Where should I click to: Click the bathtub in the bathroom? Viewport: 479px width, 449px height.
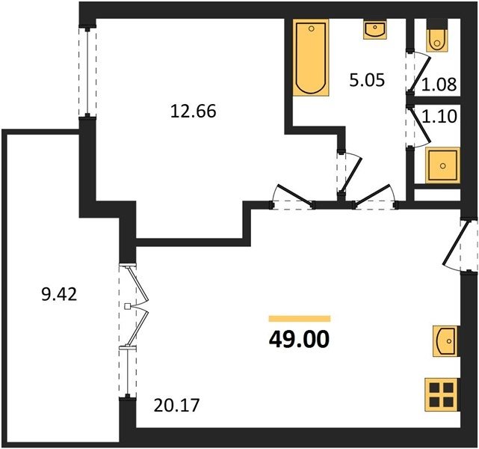[311, 58]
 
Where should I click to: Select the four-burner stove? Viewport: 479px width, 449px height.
[442, 394]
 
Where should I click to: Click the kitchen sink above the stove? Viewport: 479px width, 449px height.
[445, 341]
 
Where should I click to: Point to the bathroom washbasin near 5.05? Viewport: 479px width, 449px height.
[375, 29]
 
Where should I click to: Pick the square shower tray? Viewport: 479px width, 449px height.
[442, 165]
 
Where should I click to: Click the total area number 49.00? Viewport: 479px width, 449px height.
[299, 340]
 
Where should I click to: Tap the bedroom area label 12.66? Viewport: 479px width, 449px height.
[193, 111]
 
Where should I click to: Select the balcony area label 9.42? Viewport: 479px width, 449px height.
[59, 295]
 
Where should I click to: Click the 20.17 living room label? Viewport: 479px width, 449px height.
[176, 406]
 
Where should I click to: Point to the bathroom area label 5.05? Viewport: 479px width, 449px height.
[367, 81]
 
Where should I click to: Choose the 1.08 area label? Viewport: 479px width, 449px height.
[439, 85]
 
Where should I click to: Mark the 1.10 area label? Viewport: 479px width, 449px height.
[439, 116]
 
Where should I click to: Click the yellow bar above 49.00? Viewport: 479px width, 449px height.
[300, 319]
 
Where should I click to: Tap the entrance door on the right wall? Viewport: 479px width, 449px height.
[460, 245]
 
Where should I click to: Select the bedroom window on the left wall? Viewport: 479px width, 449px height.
[87, 72]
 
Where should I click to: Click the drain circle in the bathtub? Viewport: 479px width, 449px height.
[312, 28]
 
